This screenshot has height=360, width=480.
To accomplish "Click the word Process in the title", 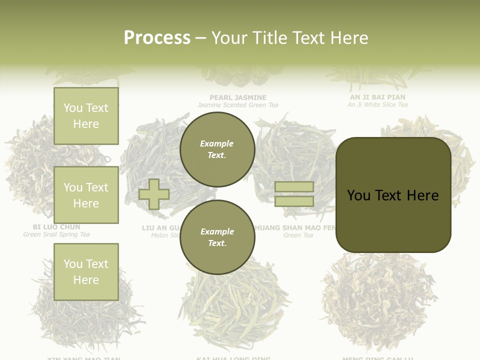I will tap(157, 37).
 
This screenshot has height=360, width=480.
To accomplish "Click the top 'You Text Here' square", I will tap(86, 116).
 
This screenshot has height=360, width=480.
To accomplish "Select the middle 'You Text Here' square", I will tap(86, 195).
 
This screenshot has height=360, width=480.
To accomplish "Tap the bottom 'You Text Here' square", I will tap(86, 271).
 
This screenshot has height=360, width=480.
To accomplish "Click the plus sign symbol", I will tap(154, 194).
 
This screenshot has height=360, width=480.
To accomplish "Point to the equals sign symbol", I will tap(294, 194).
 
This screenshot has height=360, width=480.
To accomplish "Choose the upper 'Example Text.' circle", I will tap(217, 149).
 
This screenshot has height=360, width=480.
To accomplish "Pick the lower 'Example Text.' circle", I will tap(217, 237).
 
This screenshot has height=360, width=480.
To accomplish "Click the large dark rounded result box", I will tap(393, 195).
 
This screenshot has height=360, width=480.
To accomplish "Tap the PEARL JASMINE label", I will tap(237, 97).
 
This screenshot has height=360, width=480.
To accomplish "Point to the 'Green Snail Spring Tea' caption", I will tap(56, 234).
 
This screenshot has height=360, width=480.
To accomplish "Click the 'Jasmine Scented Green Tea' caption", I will tap(237, 105).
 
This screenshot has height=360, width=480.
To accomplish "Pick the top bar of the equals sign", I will tap(294, 186).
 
